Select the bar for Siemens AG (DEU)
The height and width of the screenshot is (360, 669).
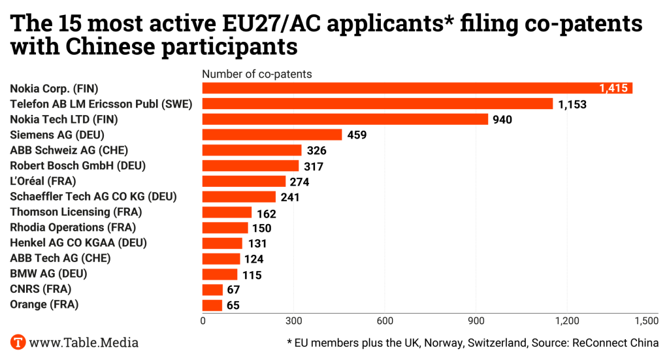pyautogui.click(x=272, y=135)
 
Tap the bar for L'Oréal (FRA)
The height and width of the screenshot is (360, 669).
pyautogui.click(x=244, y=181)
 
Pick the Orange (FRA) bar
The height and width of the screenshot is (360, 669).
pyautogui.click(x=212, y=305)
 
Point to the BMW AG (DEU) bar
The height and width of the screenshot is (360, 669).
pyautogui.click(x=220, y=274)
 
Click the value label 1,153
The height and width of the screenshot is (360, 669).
pyautogui.click(x=572, y=104)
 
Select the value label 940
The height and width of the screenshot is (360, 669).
pyautogui.click(x=502, y=120)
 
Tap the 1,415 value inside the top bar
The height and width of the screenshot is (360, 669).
pyautogui.click(x=613, y=88)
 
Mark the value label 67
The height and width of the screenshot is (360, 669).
pyautogui.click(x=234, y=290)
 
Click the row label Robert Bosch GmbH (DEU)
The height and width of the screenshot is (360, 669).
pyautogui.click(x=78, y=165)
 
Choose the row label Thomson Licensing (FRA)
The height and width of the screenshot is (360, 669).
pyautogui.click(x=76, y=212)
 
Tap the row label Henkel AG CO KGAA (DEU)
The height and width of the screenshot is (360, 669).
pyautogui.click(x=78, y=243)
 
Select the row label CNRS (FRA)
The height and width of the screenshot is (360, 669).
pyautogui.click(x=41, y=289)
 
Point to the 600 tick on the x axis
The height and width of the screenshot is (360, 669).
pyautogui.click(x=385, y=321)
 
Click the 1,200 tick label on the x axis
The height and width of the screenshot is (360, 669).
pyautogui.click(x=566, y=321)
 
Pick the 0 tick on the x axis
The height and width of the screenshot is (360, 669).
pyautogui.click(x=203, y=321)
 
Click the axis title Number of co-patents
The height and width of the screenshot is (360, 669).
pyautogui.click(x=257, y=74)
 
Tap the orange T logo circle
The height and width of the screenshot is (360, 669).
pyautogui.click(x=18, y=342)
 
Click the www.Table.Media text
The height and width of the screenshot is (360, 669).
pyautogui.click(x=84, y=342)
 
